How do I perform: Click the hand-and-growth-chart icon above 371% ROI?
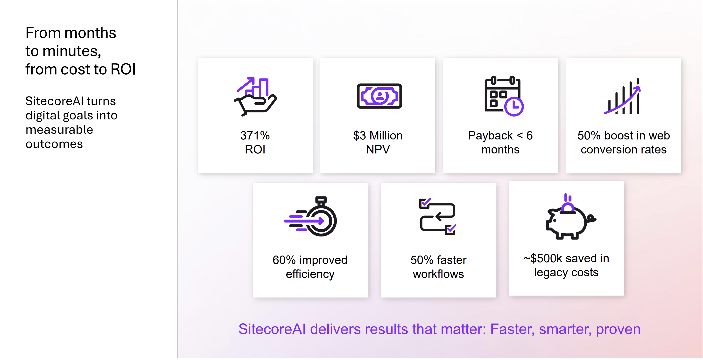point(255,97)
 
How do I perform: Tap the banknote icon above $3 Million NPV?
point(379,96)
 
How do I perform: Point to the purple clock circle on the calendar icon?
point(514,107)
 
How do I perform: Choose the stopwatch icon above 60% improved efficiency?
point(311,217)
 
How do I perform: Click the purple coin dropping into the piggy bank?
point(568,207)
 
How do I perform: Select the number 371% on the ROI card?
point(255,136)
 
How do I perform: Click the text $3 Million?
point(378,136)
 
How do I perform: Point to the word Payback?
point(490,136)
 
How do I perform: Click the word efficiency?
point(310,274)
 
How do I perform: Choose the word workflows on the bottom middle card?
point(438,274)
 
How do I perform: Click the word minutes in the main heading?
point(71,51)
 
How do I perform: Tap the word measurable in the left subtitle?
point(59,130)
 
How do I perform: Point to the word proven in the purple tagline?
point(618,329)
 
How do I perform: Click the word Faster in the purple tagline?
point(512,329)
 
